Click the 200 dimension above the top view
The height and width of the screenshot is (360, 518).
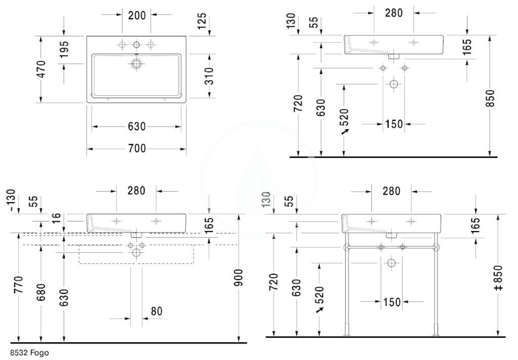pyautogui.click(x=137, y=15)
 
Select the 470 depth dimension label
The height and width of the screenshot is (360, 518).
pyautogui.click(x=42, y=69)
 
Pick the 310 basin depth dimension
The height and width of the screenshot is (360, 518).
pyautogui.click(x=209, y=76)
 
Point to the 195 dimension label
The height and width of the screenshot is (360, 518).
pyautogui.click(x=64, y=49)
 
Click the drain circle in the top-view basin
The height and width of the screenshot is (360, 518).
pyautogui.click(x=137, y=63)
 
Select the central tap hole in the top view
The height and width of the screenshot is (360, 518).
pyautogui.click(x=137, y=44)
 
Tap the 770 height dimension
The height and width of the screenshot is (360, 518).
pyautogui.click(x=18, y=284)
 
